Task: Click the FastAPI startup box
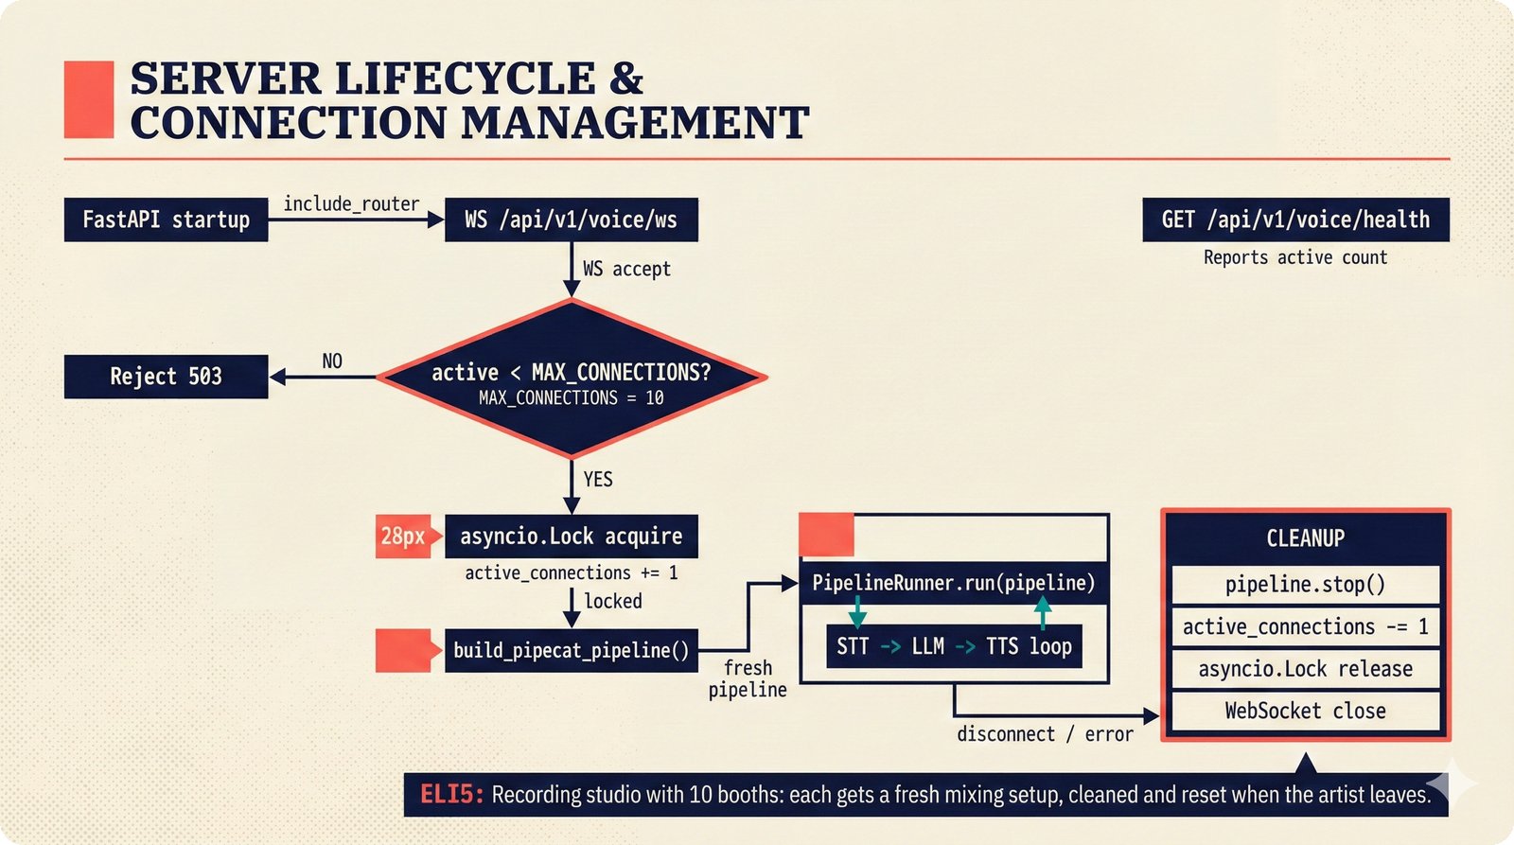[166, 220]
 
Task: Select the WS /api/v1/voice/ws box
[571, 220]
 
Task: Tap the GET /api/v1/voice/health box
[1295, 220]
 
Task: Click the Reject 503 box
[166, 377]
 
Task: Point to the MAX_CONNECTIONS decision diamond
[571, 378]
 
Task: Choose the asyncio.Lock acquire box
[571, 537]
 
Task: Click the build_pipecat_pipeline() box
[571, 650]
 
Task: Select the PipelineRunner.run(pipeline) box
[953, 583]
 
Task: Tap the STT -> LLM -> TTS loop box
[954, 646]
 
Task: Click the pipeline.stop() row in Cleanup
[1305, 585]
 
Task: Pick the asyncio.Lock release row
[1305, 669]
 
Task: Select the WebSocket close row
[1305, 711]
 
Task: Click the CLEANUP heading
[1305, 538]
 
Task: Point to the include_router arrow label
[351, 203]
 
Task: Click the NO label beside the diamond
[332, 361]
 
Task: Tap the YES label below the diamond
[598, 479]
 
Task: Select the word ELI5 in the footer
[450, 794]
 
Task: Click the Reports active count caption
[1295, 257]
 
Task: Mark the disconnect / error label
[1045, 734]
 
